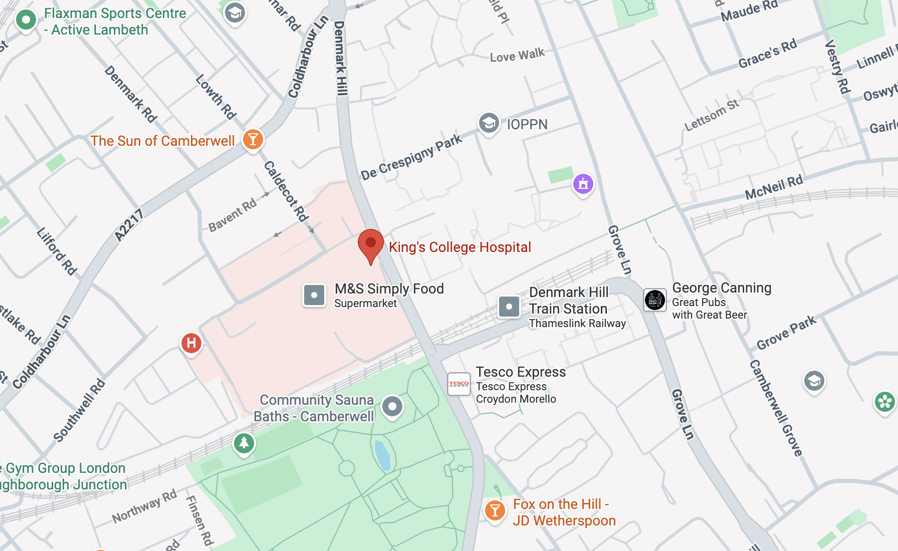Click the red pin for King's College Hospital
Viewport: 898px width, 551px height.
371,244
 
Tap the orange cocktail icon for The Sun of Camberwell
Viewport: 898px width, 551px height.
253,139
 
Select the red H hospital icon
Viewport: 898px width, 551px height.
191,343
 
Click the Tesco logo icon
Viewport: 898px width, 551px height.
459,384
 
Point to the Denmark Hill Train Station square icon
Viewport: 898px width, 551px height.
509,306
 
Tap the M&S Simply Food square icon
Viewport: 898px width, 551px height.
314,295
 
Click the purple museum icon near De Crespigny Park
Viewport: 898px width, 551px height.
583,184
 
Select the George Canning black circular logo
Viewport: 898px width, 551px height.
654,300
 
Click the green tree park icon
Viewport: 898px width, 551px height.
244,443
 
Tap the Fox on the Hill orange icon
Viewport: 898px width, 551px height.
495,510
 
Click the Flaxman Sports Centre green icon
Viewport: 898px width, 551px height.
26,21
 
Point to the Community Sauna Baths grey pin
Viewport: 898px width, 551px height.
392,406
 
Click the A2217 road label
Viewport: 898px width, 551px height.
129,225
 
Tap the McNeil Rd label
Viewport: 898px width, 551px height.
774,187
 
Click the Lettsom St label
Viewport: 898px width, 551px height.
712,115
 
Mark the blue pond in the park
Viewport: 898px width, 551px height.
382,455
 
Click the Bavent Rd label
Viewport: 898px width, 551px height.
233,215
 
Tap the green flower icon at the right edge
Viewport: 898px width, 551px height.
884,402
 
